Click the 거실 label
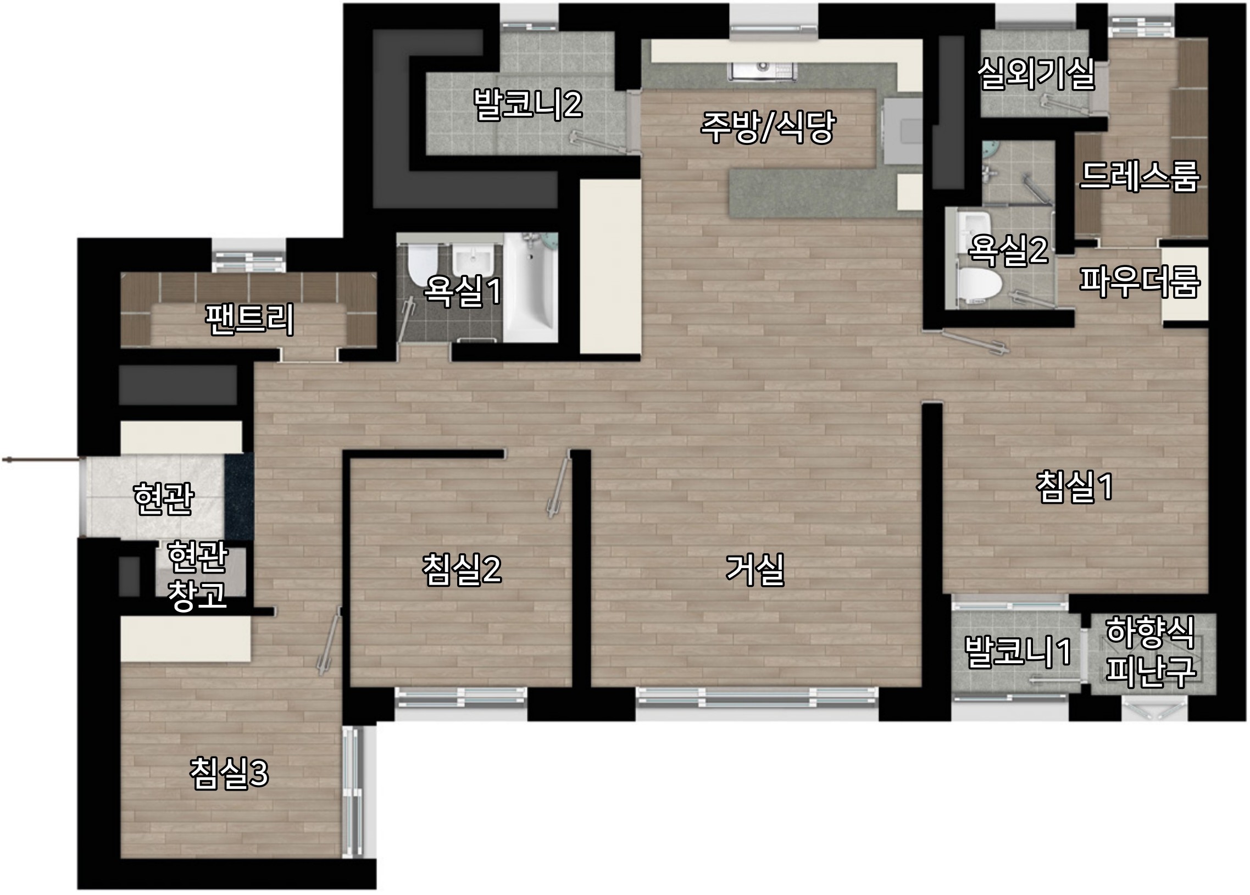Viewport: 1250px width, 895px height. pyautogui.click(x=754, y=570)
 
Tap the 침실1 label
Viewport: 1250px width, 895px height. pyautogui.click(x=1074, y=487)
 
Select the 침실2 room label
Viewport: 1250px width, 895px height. pyautogui.click(x=462, y=570)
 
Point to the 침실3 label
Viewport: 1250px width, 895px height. pyautogui.click(x=229, y=772)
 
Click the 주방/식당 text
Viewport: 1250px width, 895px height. pyautogui.click(x=768, y=127)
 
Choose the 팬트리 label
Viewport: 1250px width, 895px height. pyautogui.click(x=249, y=319)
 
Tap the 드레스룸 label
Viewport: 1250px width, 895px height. pyautogui.click(x=1139, y=176)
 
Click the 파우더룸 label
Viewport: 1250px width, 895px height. pyautogui.click(x=1139, y=282)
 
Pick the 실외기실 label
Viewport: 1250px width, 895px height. pyautogui.click(x=1036, y=74)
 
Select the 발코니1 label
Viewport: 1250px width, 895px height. pyautogui.click(x=1018, y=652)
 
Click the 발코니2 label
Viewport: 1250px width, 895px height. pyautogui.click(x=528, y=104)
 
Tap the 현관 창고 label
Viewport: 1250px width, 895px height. pyautogui.click(x=197, y=576)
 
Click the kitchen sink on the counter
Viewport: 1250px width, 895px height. pyautogui.click(x=764, y=70)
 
